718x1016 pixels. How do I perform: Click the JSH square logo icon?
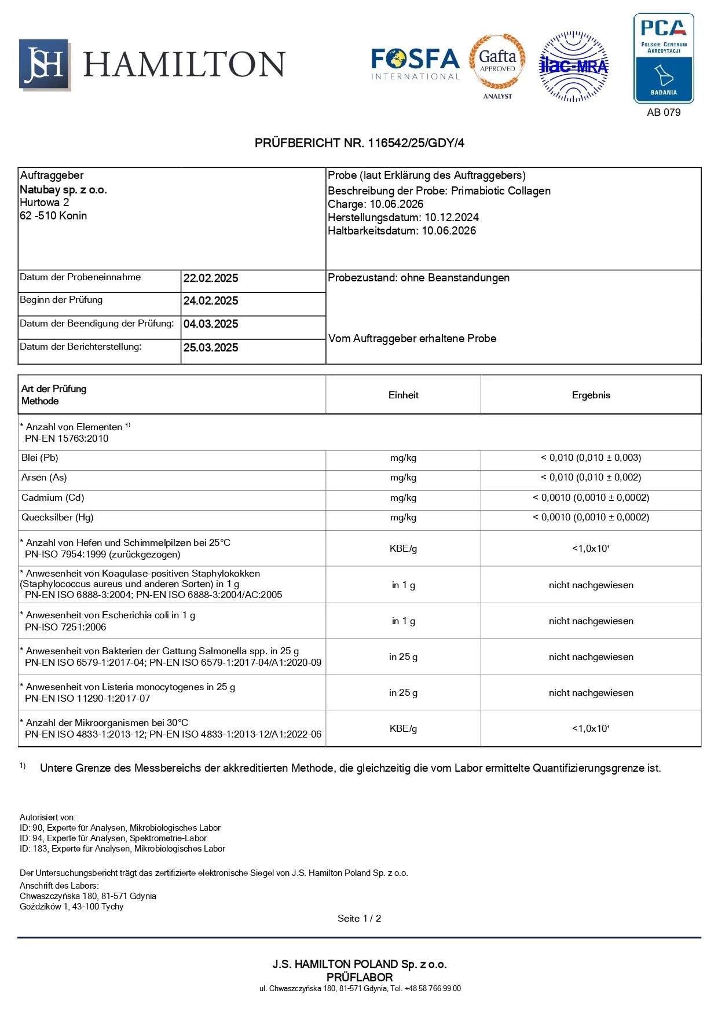45,65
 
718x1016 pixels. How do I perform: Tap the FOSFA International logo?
415,64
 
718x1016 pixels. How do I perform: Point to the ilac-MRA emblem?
573,67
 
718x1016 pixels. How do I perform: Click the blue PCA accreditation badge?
664,58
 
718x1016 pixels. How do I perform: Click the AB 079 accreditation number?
664,112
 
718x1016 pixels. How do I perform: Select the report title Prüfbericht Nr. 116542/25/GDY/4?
359,143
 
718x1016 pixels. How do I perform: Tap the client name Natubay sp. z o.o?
63,190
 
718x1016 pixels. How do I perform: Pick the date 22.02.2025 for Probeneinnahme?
211,278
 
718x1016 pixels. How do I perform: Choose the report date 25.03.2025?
211,348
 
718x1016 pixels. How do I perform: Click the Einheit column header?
403,395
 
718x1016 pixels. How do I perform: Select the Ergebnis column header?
591,395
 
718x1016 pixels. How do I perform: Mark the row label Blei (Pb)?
40,458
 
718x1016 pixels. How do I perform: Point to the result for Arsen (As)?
591,478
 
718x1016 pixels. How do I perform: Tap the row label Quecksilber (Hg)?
57,518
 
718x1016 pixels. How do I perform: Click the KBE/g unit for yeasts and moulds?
403,549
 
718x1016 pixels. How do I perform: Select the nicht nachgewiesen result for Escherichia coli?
591,621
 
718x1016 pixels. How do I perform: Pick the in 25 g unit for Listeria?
403,693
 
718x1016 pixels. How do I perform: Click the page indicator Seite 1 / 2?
359,919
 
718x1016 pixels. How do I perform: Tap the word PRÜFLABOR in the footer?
359,977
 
